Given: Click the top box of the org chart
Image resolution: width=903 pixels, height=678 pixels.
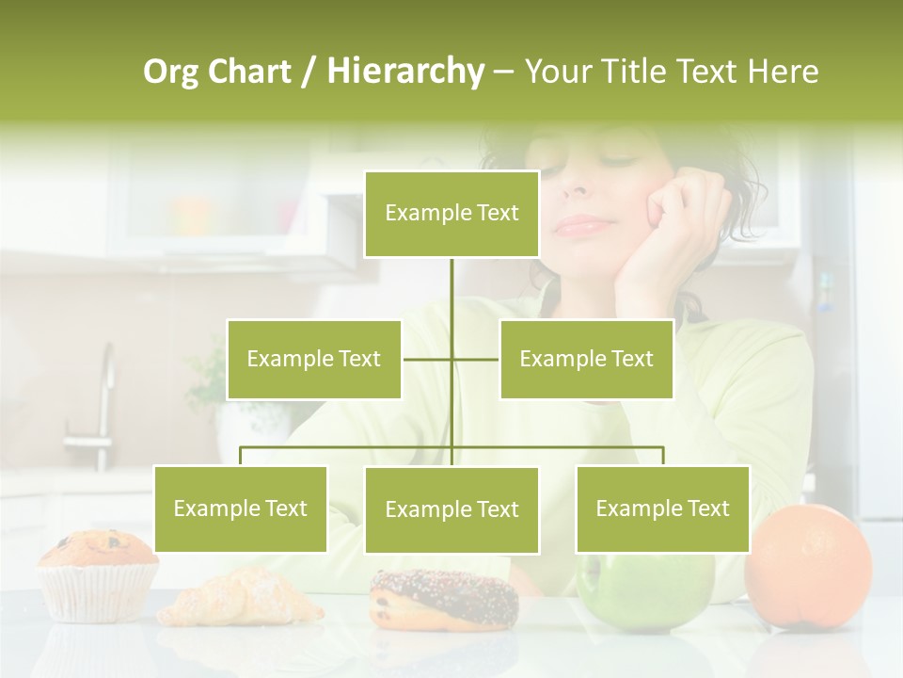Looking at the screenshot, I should pyautogui.click(x=451, y=214).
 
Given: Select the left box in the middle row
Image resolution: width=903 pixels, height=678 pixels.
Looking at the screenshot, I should pyautogui.click(x=314, y=359).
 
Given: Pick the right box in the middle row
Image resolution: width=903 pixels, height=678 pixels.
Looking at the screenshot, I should pyautogui.click(x=586, y=359).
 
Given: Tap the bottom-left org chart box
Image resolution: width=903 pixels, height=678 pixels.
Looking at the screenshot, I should pyautogui.click(x=240, y=508).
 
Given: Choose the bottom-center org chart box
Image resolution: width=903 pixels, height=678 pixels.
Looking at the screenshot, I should pyautogui.click(x=451, y=509).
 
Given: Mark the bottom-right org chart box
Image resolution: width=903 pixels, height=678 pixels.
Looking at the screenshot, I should pyautogui.click(x=662, y=508).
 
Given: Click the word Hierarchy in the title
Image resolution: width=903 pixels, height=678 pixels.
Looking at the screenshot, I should pyautogui.click(x=405, y=72).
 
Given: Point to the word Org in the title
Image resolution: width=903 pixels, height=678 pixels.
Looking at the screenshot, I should pyautogui.click(x=172, y=72).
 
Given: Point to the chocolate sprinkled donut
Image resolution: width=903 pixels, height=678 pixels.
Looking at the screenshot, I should pyautogui.click(x=443, y=599).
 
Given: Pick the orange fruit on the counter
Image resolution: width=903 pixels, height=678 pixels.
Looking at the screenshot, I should pyautogui.click(x=807, y=566).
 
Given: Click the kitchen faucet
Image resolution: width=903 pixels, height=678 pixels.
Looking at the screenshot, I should pyautogui.click(x=100, y=405).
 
